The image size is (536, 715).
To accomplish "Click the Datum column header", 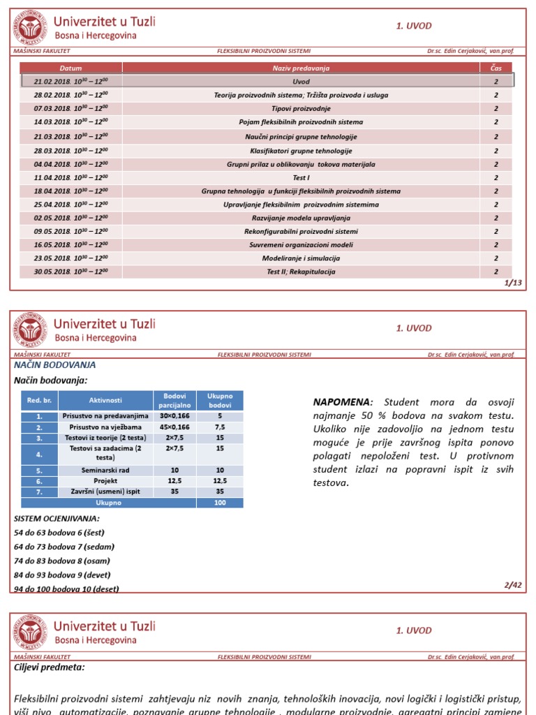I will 70,68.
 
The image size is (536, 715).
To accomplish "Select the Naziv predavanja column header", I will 301,68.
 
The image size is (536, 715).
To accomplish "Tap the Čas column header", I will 496,68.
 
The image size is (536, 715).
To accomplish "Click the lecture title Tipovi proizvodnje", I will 301,108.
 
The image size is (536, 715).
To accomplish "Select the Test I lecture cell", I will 301,177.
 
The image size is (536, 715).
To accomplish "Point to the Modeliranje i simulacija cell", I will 301,258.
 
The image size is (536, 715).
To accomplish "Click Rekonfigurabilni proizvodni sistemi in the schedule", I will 301,231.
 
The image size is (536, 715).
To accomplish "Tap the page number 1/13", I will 512,283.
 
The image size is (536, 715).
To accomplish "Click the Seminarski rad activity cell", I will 105,470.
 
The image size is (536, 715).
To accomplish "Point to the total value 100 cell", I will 220,502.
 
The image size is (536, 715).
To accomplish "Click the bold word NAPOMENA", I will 343,402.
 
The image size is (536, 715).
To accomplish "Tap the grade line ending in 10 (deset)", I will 66,589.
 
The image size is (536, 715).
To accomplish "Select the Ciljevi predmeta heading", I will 50,667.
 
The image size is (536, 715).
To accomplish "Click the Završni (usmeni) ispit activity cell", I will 105,491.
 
